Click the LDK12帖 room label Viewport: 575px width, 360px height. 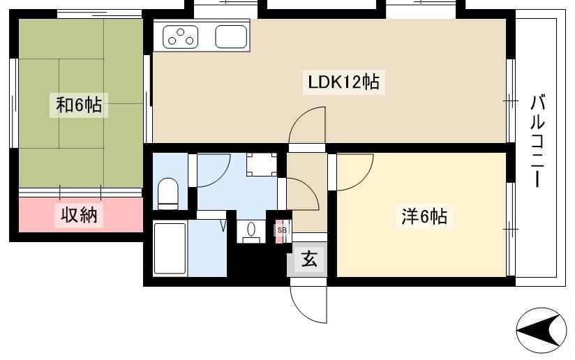343,82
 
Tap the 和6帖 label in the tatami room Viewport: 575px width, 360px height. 79,105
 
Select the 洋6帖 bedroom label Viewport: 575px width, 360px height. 424,216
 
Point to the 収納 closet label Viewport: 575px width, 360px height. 79,215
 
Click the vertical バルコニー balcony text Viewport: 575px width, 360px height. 537,141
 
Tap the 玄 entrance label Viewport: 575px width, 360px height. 309,260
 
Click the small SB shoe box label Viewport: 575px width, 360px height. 282,230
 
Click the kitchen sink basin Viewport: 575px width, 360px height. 231,37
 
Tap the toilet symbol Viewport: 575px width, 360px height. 168,193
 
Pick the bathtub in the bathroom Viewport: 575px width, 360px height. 170,248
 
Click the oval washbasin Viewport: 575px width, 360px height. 251,230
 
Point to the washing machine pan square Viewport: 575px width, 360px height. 262,164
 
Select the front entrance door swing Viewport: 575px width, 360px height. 308,304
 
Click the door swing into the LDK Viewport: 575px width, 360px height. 307,125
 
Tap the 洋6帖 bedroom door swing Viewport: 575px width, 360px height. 355,172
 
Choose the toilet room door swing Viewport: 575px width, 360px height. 214,170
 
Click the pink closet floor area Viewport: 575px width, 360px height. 81,215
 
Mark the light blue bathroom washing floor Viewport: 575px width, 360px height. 207,249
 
